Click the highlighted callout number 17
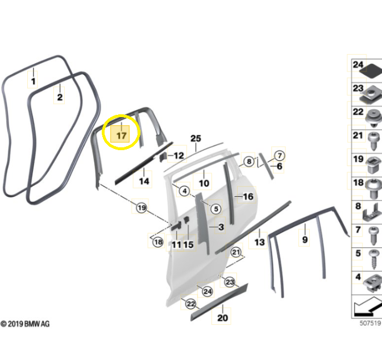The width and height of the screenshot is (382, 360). tap(122, 135)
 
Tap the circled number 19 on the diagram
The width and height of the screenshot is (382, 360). tap(142, 208)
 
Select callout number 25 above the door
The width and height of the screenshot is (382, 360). tap(196, 138)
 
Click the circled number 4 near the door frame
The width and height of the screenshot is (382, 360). tap(184, 191)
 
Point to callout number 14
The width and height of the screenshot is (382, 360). tap(144, 181)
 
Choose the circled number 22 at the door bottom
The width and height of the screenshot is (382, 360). tap(191, 304)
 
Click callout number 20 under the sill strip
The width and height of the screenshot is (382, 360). tap(222, 317)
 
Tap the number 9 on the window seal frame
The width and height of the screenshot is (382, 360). tap(305, 239)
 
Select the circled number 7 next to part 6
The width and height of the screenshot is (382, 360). tap(280, 155)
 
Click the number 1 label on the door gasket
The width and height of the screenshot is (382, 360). tap(34, 81)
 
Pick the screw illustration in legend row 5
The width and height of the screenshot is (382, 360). tap(374, 259)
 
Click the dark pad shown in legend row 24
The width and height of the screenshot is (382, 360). tap(371, 71)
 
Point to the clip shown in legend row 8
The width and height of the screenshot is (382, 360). tap(372, 213)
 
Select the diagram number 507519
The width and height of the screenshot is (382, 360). tap(370, 323)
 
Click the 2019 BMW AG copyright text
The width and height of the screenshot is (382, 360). tap(25, 324)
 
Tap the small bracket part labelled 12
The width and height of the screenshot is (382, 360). tap(163, 157)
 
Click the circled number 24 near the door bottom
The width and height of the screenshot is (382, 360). tap(207, 291)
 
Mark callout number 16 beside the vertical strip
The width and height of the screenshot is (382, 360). tap(248, 196)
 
